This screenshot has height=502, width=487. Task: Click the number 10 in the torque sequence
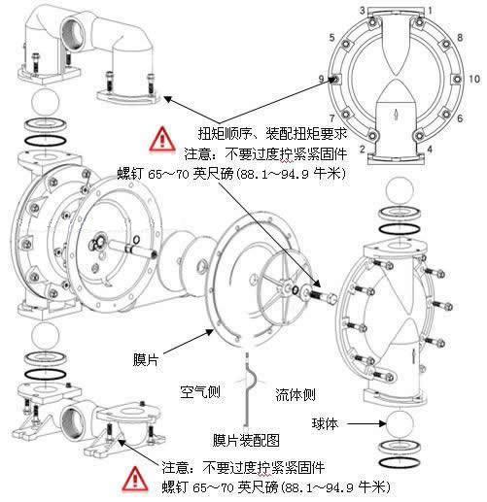[474, 79]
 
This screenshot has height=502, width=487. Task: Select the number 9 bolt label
[321, 79]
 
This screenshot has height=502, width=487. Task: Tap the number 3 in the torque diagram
[363, 11]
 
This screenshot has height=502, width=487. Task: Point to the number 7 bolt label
[332, 118]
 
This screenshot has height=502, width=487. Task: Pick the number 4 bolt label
[430, 149]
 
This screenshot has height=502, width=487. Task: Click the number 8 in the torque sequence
[460, 37]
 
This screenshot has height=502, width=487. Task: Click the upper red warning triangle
[162, 139]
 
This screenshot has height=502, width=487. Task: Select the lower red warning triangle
[135, 479]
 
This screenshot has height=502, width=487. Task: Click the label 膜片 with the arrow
[146, 359]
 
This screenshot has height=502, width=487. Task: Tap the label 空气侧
[200, 392]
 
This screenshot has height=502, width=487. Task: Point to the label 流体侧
[296, 394]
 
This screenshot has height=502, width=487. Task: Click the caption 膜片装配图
[246, 440]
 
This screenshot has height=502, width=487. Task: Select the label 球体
[325, 423]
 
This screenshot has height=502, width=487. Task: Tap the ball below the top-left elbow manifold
[46, 101]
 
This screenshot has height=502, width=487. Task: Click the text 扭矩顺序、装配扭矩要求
[272, 133]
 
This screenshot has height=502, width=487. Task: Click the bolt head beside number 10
[457, 79]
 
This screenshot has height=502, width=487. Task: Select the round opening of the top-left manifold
[73, 34]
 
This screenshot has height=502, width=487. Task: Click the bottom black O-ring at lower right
[400, 462]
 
